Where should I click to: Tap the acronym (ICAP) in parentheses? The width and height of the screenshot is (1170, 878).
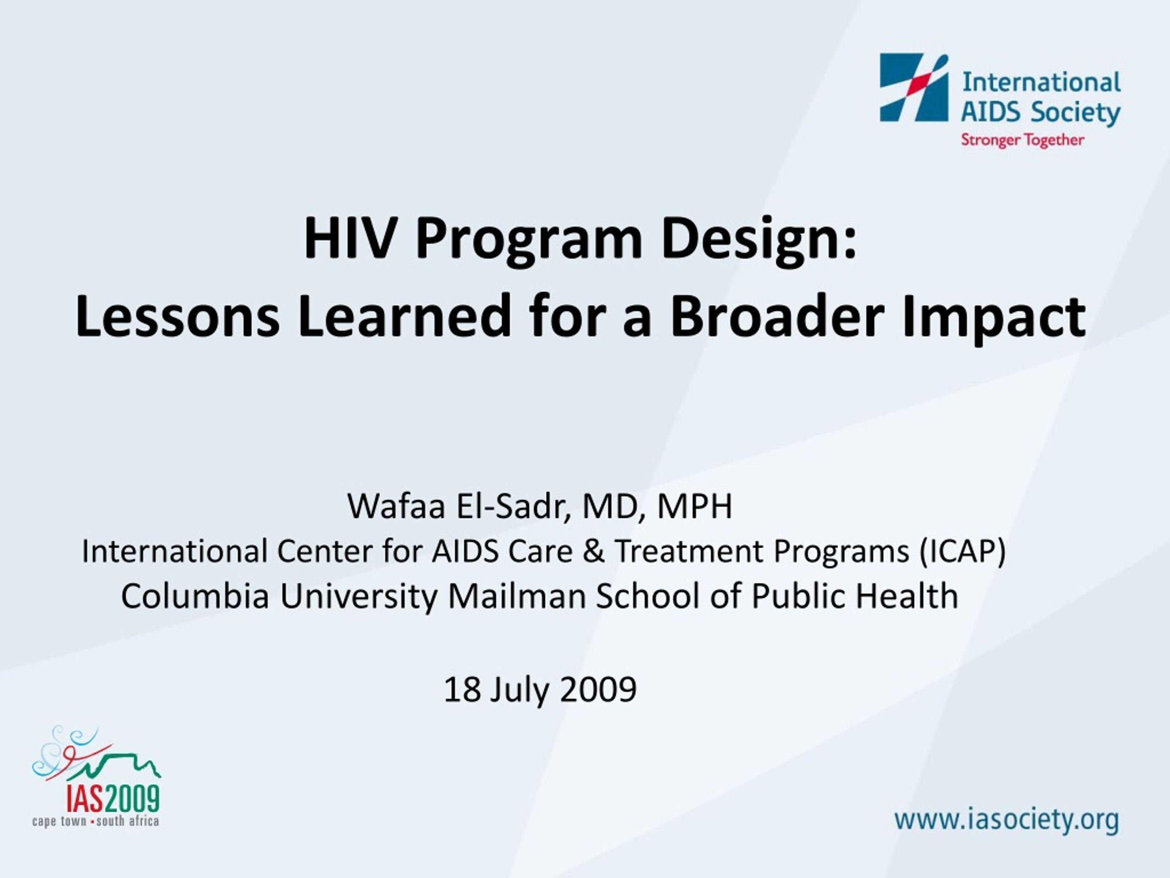click(962, 551)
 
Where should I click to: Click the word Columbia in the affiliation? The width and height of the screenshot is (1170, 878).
click(195, 596)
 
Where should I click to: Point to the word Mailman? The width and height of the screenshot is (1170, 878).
click(517, 596)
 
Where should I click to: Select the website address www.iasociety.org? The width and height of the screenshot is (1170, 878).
click(1006, 820)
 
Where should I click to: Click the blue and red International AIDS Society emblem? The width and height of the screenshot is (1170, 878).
click(914, 87)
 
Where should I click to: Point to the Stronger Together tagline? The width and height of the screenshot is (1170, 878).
click(1022, 140)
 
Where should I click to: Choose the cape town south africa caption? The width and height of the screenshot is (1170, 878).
click(95, 821)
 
